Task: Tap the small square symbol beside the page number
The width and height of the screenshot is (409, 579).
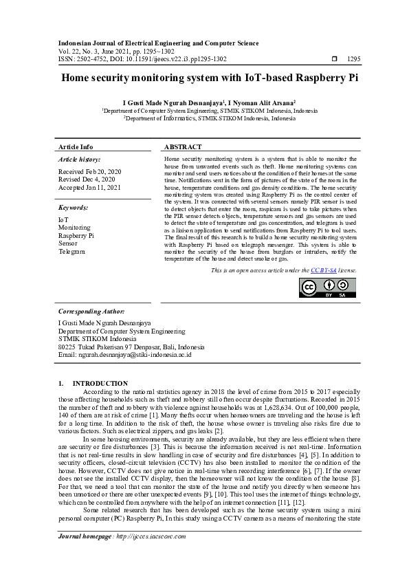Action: (x=335, y=59)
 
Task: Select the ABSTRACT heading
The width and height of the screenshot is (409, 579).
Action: (x=184, y=147)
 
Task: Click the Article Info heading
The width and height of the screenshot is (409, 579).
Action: (x=76, y=147)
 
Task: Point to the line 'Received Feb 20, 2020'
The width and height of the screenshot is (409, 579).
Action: (x=89, y=171)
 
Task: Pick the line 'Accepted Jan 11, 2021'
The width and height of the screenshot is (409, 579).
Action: (x=89, y=187)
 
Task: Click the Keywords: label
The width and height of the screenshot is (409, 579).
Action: (x=74, y=206)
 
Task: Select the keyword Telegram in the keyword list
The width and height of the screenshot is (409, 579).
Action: (x=72, y=252)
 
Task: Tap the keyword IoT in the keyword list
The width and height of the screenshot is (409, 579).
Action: (x=63, y=219)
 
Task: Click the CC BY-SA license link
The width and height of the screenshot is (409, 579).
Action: (x=323, y=272)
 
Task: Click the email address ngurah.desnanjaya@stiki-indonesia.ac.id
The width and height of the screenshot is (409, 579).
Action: (x=124, y=354)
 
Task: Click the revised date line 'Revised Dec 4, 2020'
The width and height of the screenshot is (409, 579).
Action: (x=87, y=179)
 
